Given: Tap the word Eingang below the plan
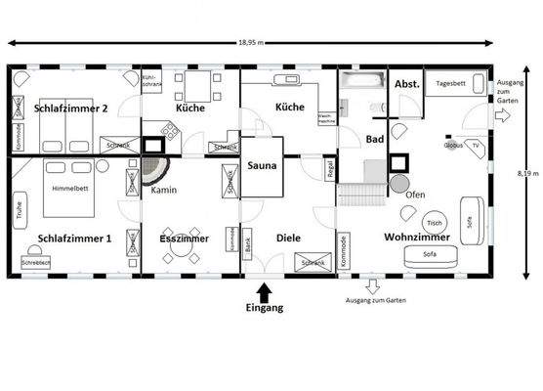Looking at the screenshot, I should click(x=264, y=308).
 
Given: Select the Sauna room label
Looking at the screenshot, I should click(x=262, y=166).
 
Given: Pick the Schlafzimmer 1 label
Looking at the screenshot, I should click(x=74, y=238).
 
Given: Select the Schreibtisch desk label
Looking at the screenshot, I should click(x=35, y=263).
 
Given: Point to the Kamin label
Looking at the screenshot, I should click(x=163, y=190).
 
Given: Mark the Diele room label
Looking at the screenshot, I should click(x=288, y=237).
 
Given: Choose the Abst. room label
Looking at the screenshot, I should click(x=406, y=85).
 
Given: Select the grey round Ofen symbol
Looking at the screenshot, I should click(x=399, y=183).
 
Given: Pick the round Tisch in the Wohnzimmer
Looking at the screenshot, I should click(x=436, y=222).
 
